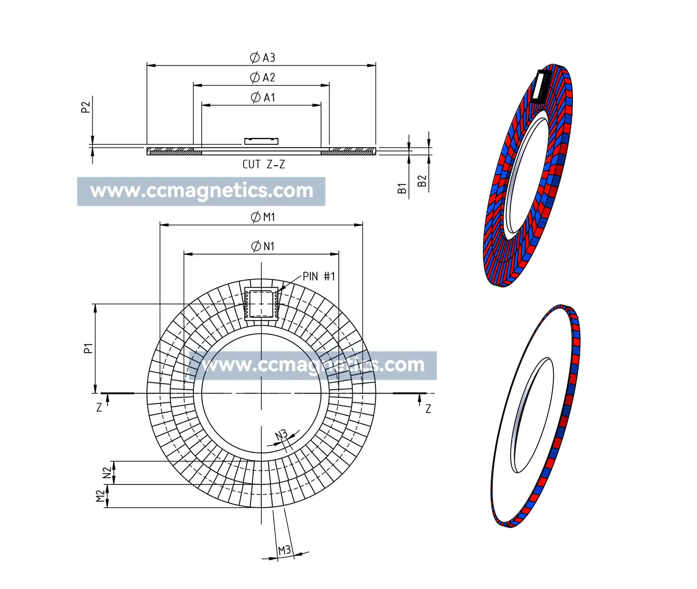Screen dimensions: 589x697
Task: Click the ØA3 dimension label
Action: coord(263,58)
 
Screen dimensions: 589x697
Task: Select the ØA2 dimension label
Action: coord(263,78)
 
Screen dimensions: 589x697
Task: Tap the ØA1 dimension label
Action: coord(263,98)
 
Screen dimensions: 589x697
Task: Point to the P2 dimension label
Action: coord(85,107)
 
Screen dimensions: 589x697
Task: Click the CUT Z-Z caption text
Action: coord(263,164)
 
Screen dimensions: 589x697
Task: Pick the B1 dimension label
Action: coord(402,188)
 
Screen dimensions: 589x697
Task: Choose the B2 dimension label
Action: coord(421,181)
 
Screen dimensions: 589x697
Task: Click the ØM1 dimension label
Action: coord(263,217)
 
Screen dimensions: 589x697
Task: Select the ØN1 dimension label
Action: coord(263,246)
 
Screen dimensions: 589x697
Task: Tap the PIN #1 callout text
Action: coord(319,276)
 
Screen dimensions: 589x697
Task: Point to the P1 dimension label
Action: coord(88,348)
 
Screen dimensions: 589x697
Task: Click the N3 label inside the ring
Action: coord(281,435)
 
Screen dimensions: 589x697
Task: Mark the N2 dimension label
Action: coord(107,473)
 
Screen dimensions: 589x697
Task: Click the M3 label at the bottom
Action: coord(284,550)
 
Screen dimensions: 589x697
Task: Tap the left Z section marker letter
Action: coord(99,408)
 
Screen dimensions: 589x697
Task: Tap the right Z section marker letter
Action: coord(428,409)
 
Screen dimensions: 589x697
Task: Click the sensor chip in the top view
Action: coord(261,305)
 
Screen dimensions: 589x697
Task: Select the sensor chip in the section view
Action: coord(261,141)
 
